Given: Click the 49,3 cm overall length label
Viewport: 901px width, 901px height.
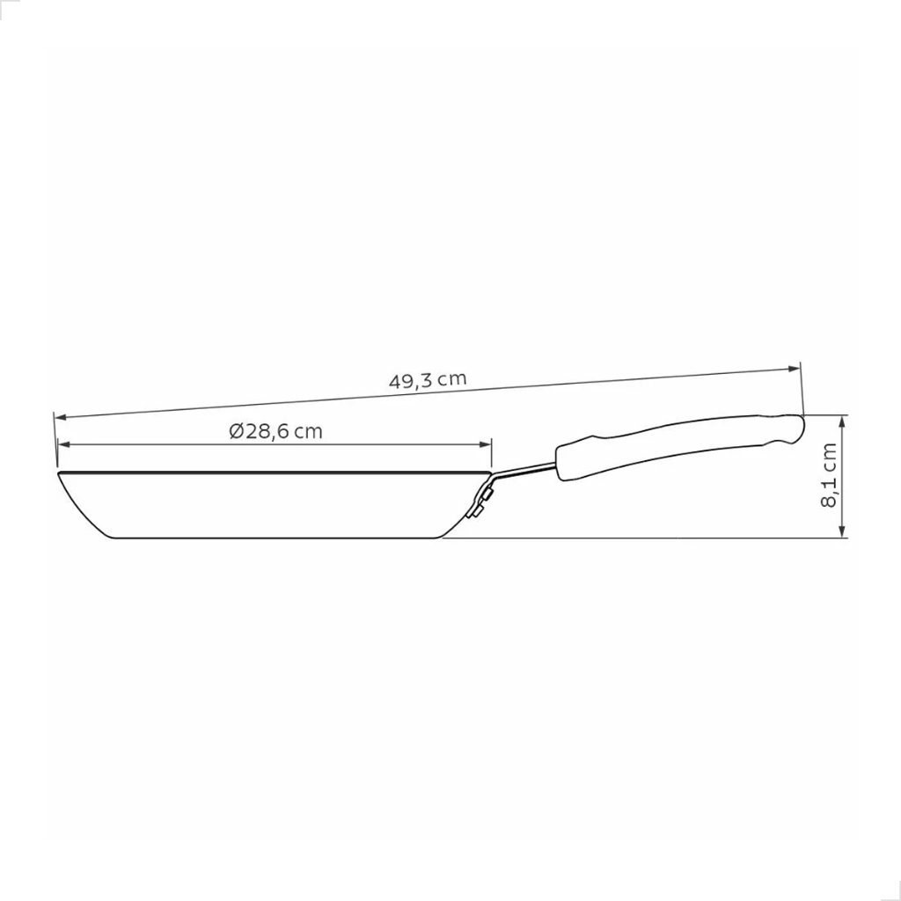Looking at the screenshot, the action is (428, 380).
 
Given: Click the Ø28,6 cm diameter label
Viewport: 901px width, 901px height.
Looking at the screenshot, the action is (275, 431).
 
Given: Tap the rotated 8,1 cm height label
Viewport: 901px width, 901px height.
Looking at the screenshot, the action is (829, 474).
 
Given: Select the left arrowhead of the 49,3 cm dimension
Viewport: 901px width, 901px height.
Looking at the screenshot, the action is (60, 417).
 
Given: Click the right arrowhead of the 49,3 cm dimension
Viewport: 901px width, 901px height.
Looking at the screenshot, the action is (795, 369).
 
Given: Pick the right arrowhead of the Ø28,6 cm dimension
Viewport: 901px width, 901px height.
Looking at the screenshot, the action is (486, 444).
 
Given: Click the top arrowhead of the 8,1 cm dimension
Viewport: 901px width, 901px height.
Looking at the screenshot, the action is (842, 421).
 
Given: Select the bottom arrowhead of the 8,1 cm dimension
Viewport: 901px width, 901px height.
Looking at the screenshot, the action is (842, 531).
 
